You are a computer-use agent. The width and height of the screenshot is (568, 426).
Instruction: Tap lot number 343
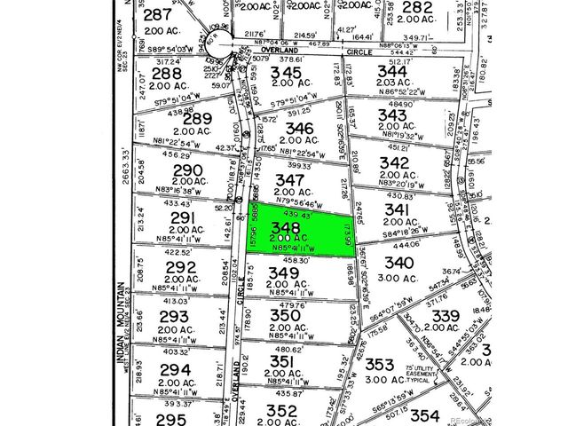(392, 115)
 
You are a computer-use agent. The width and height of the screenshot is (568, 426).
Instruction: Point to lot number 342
(393, 162)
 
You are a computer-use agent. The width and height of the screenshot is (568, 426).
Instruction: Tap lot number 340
(400, 263)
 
